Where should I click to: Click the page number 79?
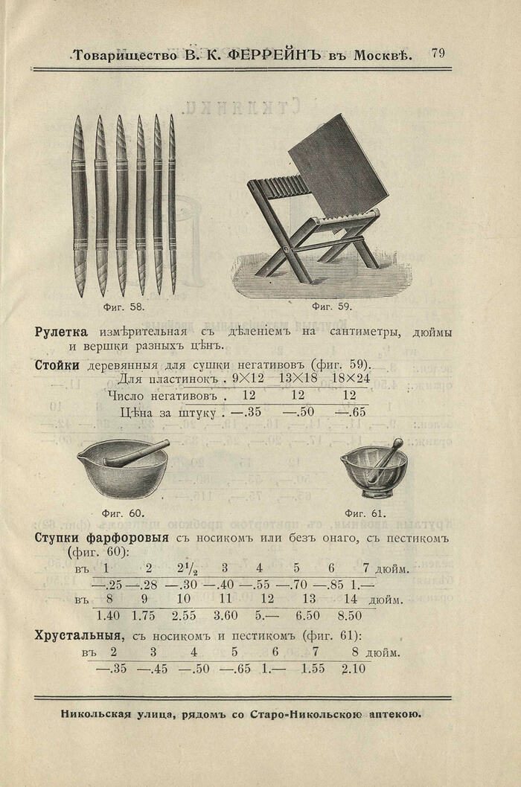[438, 54]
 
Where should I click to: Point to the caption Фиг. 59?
[332, 306]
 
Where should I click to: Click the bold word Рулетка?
[61, 332]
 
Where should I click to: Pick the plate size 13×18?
[297, 379]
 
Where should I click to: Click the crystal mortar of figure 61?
[374, 470]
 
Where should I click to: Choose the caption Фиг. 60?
[123, 513]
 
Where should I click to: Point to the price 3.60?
[226, 615]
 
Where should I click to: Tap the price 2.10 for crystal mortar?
[354, 669]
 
